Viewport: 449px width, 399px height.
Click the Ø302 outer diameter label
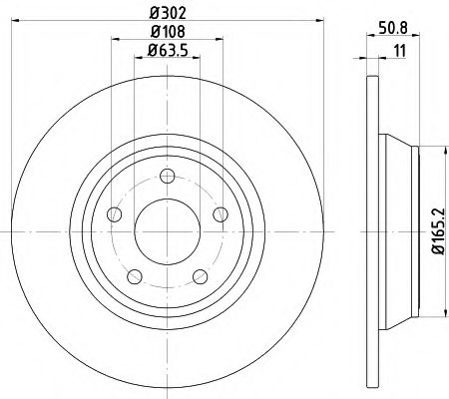(167, 14)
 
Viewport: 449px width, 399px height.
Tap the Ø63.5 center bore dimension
(167, 51)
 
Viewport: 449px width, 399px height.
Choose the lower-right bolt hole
(199, 278)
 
